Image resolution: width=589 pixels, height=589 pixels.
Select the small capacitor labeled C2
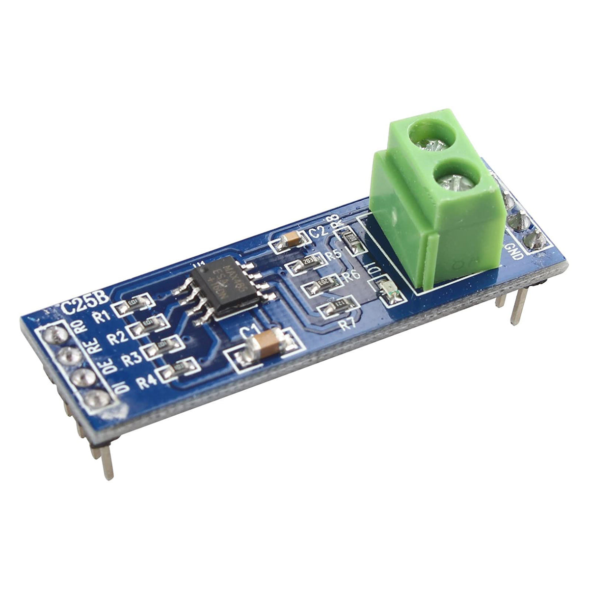(x=291, y=240)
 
